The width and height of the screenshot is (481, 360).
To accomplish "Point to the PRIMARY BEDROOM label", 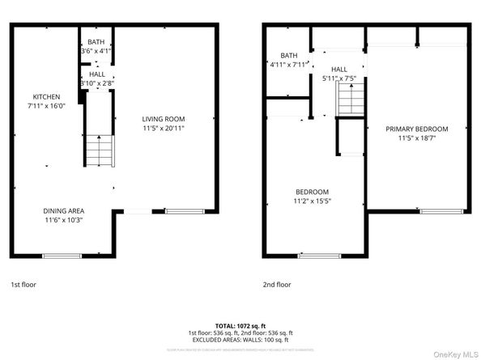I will pyautogui.click(x=416, y=129).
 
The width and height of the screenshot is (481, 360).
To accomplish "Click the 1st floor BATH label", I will pyautogui.click(x=96, y=42).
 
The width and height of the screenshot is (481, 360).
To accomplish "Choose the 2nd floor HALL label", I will pyautogui.click(x=338, y=70).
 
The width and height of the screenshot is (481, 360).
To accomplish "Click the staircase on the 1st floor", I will pyautogui.click(x=101, y=149).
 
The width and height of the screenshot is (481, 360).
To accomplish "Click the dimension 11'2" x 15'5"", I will pyautogui.click(x=311, y=201).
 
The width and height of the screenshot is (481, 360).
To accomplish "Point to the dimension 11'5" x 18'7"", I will pyautogui.click(x=416, y=138).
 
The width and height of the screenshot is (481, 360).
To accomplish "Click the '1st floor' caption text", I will pyautogui.click(x=23, y=285).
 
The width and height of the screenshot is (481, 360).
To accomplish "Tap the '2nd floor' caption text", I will pyautogui.click(x=277, y=285).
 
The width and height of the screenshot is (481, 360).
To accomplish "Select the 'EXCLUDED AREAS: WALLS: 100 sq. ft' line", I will pyautogui.click(x=240, y=339).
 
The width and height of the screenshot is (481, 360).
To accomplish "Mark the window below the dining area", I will pyautogui.click(x=62, y=256).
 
